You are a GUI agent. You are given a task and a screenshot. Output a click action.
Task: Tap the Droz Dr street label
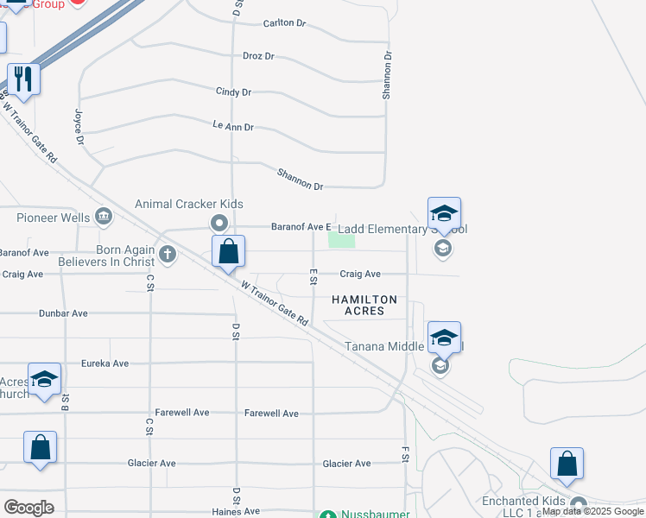[x=257, y=56]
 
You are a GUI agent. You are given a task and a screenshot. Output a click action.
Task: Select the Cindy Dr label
[x=233, y=92]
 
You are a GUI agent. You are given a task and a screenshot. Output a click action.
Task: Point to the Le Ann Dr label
[x=233, y=127]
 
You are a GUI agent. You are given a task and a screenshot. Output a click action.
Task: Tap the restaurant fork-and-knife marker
[x=23, y=80]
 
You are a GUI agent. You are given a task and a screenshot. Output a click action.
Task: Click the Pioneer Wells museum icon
[x=104, y=216]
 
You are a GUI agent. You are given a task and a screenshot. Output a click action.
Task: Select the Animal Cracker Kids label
[x=188, y=205]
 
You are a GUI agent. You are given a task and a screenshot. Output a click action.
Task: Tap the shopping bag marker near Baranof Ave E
[x=229, y=252]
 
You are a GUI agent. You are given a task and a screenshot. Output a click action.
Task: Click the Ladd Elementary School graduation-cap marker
[x=444, y=214]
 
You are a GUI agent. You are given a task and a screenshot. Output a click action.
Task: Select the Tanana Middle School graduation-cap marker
[x=444, y=338]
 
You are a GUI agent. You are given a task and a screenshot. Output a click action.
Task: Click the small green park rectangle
[x=342, y=240]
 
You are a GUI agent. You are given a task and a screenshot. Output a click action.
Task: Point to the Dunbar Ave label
[x=63, y=313]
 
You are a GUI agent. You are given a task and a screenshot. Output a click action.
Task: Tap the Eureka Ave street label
[x=104, y=363]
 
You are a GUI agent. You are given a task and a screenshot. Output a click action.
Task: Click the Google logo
[x=29, y=508]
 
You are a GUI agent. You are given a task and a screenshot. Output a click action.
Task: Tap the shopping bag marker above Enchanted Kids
[x=567, y=464]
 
